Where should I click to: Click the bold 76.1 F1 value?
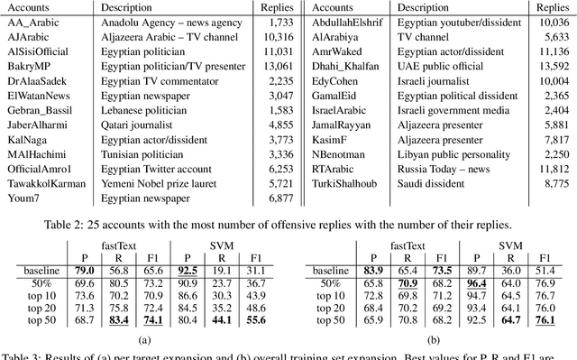tap(544, 319)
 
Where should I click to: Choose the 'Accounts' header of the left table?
tap(28, 6)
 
